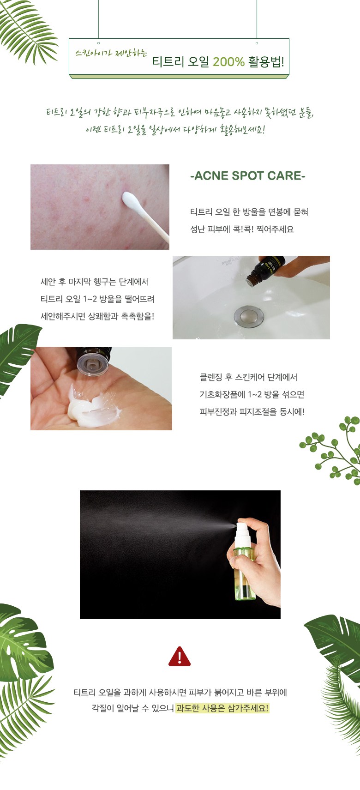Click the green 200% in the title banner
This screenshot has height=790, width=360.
tap(228, 62)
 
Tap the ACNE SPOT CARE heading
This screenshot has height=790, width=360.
tap(248, 175)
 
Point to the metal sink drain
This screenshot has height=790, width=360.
tap(249, 316)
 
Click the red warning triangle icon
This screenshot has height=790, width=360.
tap(180, 657)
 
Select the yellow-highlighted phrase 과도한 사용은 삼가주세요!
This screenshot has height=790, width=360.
tap(222, 708)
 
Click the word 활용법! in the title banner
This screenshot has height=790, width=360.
tap(266, 62)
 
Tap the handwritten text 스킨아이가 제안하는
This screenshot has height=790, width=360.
tap(111, 53)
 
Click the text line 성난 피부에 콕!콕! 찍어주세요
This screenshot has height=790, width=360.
tap(242, 229)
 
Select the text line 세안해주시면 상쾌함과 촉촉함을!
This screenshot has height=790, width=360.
tap(97, 316)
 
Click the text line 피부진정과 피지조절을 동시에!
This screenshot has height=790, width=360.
tap(252, 411)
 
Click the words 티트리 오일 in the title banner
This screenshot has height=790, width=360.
tap(180, 62)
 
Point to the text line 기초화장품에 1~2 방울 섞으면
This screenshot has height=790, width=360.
tap(252, 394)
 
